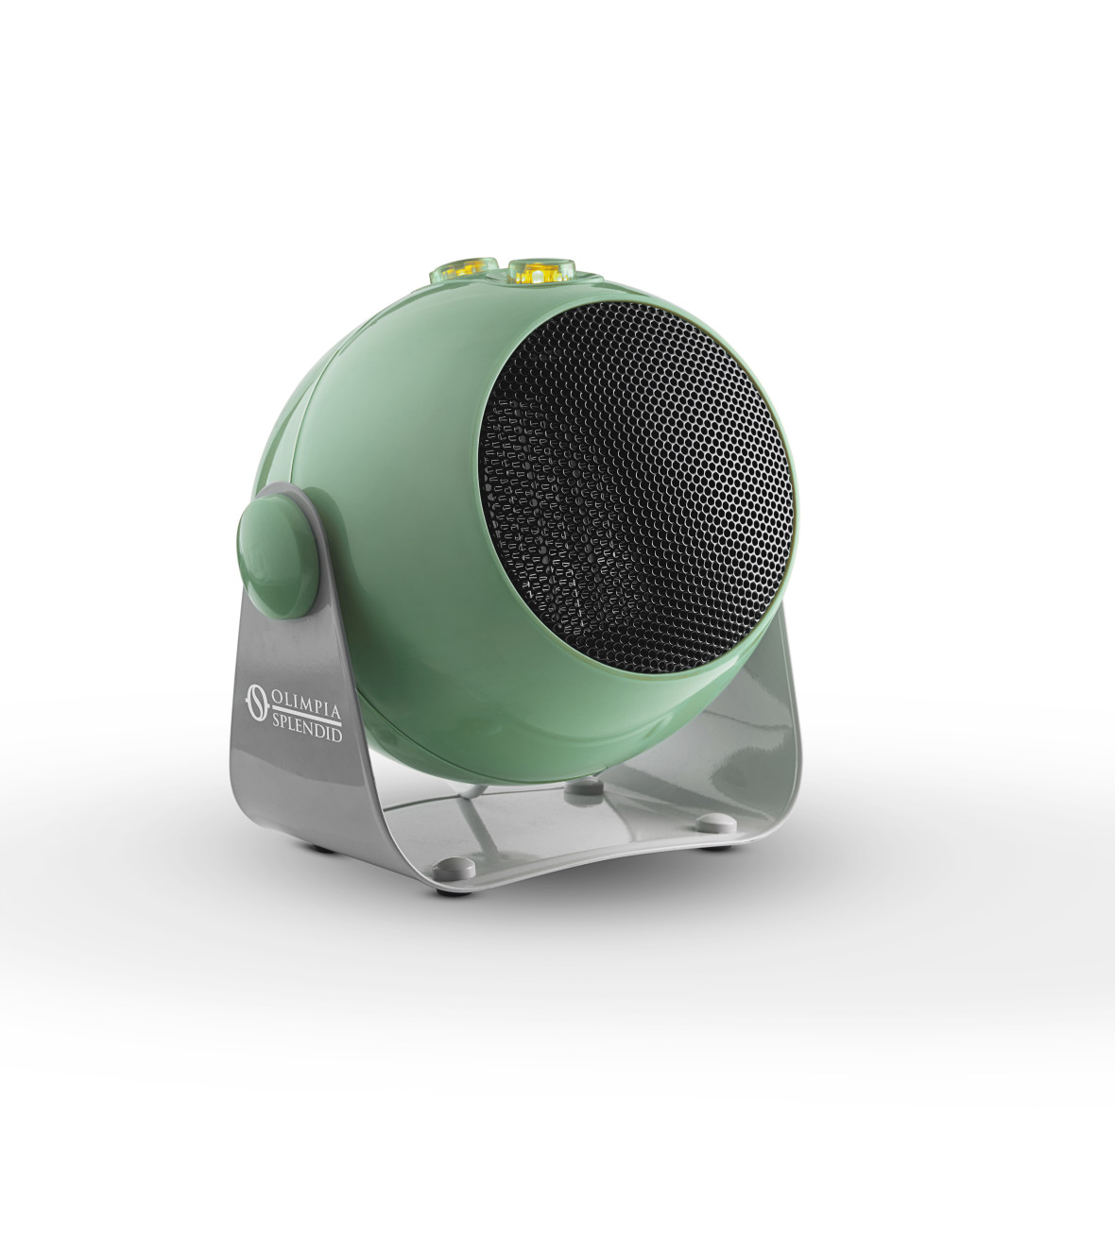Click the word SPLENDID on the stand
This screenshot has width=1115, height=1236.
pos(307,728)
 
